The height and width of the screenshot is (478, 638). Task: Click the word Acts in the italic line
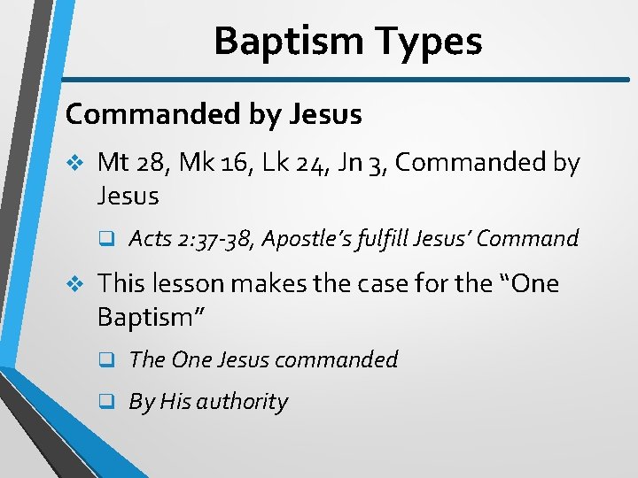coord(149,238)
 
